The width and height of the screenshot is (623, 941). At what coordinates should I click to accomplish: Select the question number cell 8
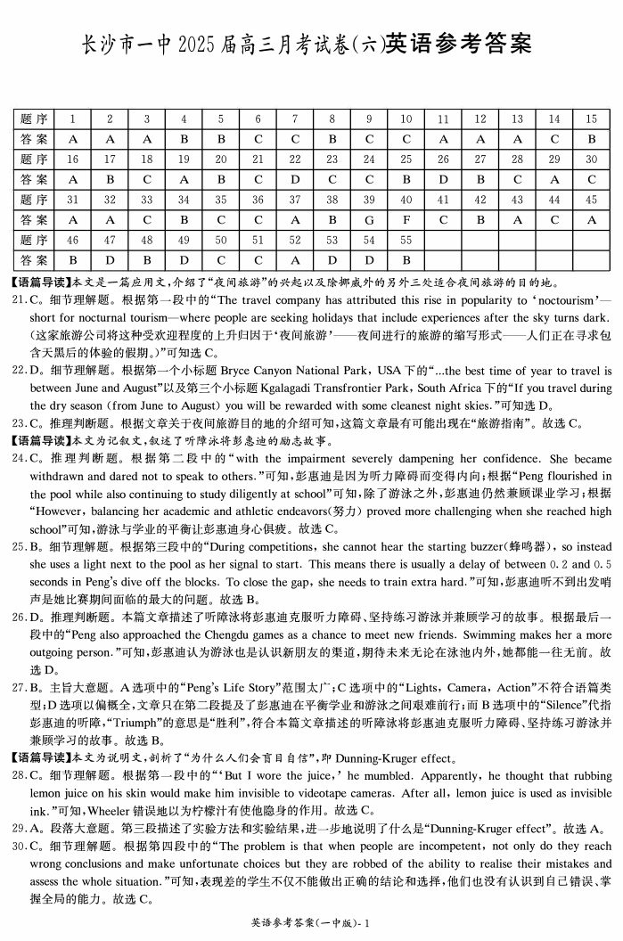point(332,119)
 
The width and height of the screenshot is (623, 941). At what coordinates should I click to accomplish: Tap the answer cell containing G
point(369,219)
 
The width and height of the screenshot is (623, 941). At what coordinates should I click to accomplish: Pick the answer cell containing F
point(406,219)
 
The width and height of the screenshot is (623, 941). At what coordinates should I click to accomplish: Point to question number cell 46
point(72,240)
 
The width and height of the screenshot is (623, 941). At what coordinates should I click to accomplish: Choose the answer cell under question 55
point(406,260)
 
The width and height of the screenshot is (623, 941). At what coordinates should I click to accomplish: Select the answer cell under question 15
point(591,139)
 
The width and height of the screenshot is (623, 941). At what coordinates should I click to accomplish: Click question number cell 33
point(146,200)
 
